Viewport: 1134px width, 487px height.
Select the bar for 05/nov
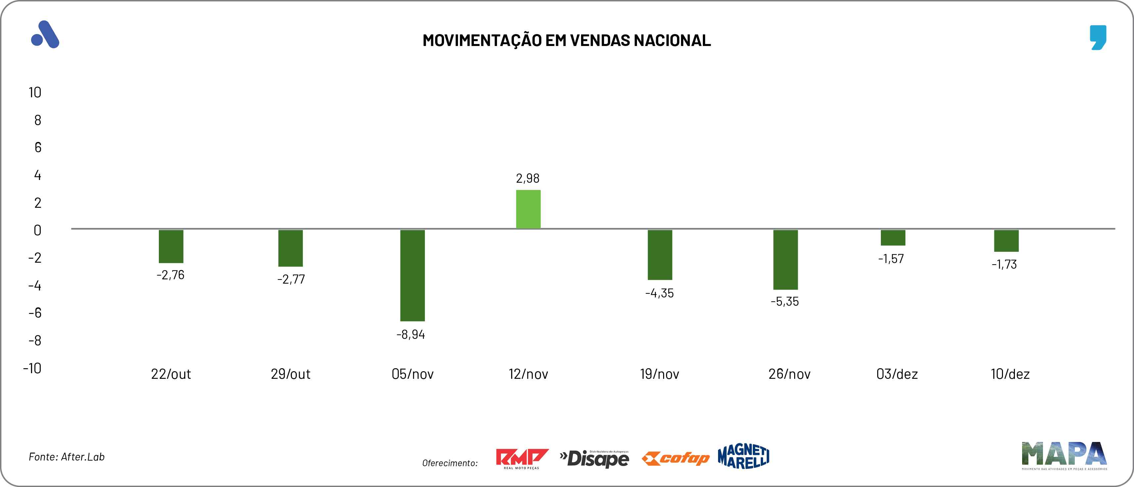click(413, 275)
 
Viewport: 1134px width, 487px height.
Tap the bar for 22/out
click(171, 246)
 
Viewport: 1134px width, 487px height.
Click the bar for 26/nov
click(785, 259)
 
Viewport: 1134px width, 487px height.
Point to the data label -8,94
click(411, 335)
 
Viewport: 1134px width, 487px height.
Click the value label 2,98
click(527, 178)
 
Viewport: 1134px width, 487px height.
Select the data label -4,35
click(659, 293)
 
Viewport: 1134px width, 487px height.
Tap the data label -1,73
click(1004, 264)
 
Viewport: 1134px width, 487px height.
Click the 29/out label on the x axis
click(291, 374)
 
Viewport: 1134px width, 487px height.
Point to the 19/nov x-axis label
click(659, 374)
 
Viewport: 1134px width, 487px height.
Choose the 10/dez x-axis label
click(1010, 374)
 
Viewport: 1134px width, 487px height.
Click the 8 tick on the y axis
click(38, 120)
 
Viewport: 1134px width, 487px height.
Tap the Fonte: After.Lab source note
click(67, 457)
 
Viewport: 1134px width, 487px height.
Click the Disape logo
click(594, 458)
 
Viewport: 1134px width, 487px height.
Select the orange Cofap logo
click(676, 458)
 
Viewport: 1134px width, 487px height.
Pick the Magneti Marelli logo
click(744, 456)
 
